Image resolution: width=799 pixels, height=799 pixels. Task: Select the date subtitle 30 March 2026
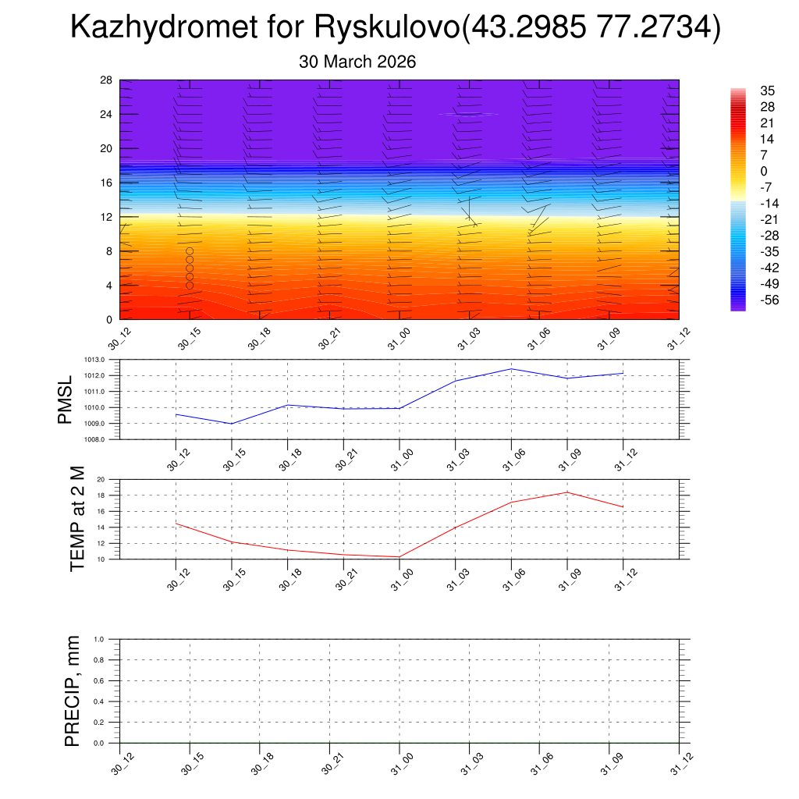[357, 62]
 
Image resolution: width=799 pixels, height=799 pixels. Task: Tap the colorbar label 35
[767, 91]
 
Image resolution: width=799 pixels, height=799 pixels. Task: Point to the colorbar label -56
[769, 300]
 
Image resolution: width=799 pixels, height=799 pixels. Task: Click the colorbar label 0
[763, 171]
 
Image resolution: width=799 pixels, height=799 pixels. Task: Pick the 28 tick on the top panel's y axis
[106, 80]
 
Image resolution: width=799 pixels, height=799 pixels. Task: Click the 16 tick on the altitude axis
[106, 183]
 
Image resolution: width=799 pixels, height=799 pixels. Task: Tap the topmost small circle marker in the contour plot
[190, 251]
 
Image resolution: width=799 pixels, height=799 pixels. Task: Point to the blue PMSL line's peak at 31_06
[511, 368]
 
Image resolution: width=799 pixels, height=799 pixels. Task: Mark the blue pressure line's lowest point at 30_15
[232, 424]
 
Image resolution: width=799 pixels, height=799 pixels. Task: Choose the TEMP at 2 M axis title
[76, 518]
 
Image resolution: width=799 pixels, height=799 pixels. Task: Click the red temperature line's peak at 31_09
[567, 492]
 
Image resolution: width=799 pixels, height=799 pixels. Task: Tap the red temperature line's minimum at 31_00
[399, 557]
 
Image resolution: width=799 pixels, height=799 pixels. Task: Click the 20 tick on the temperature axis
[101, 479]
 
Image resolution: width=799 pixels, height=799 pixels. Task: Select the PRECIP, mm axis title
[73, 690]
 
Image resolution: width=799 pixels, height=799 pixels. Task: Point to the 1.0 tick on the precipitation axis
[99, 639]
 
